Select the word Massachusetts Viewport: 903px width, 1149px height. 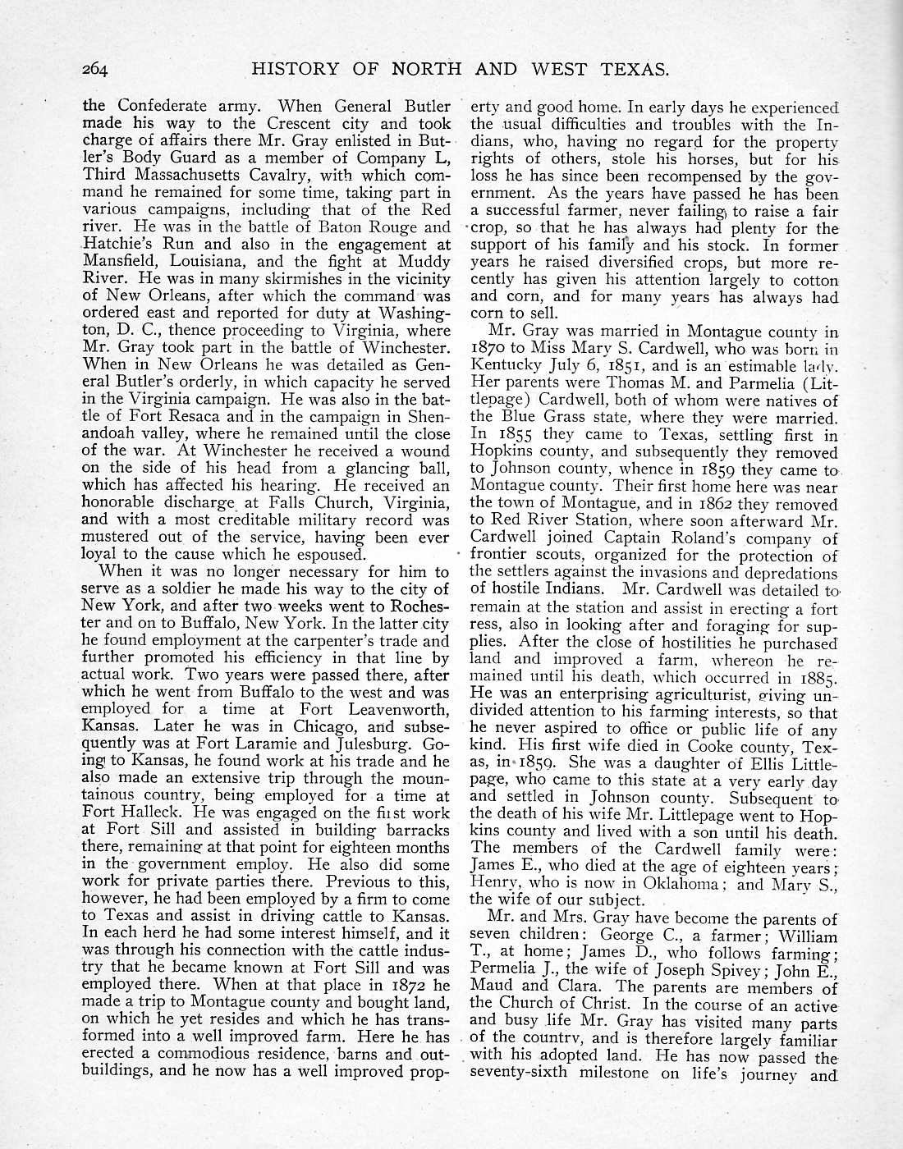(195, 176)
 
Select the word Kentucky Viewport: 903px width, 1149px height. (507, 366)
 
